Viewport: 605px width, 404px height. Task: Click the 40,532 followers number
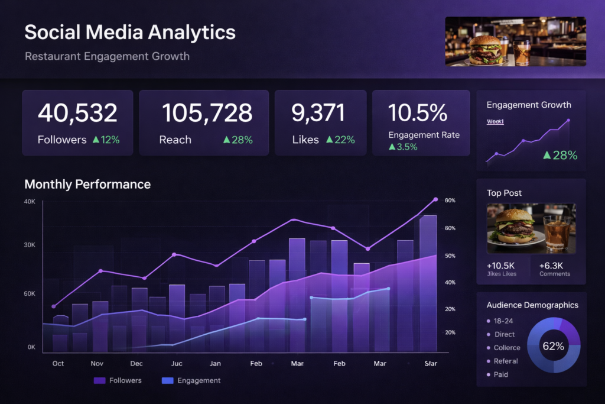[77, 113]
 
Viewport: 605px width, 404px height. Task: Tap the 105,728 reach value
[207, 113]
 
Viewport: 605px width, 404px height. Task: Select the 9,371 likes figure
[319, 113]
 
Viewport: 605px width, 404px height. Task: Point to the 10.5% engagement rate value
[418, 112]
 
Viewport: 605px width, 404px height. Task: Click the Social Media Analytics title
[130, 32]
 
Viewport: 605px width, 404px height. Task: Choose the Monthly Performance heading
[87, 185]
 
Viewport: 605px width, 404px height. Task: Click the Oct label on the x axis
[58, 363]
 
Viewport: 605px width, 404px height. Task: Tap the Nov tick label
[97, 363]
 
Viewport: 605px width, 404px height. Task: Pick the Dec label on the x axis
[136, 363]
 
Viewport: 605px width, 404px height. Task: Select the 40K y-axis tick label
[30, 202]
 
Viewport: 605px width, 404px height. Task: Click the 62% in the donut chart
[553, 347]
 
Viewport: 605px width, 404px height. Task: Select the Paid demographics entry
[501, 374]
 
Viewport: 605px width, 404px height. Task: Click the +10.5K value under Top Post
[501, 265]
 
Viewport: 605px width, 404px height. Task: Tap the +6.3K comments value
[551, 265]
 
